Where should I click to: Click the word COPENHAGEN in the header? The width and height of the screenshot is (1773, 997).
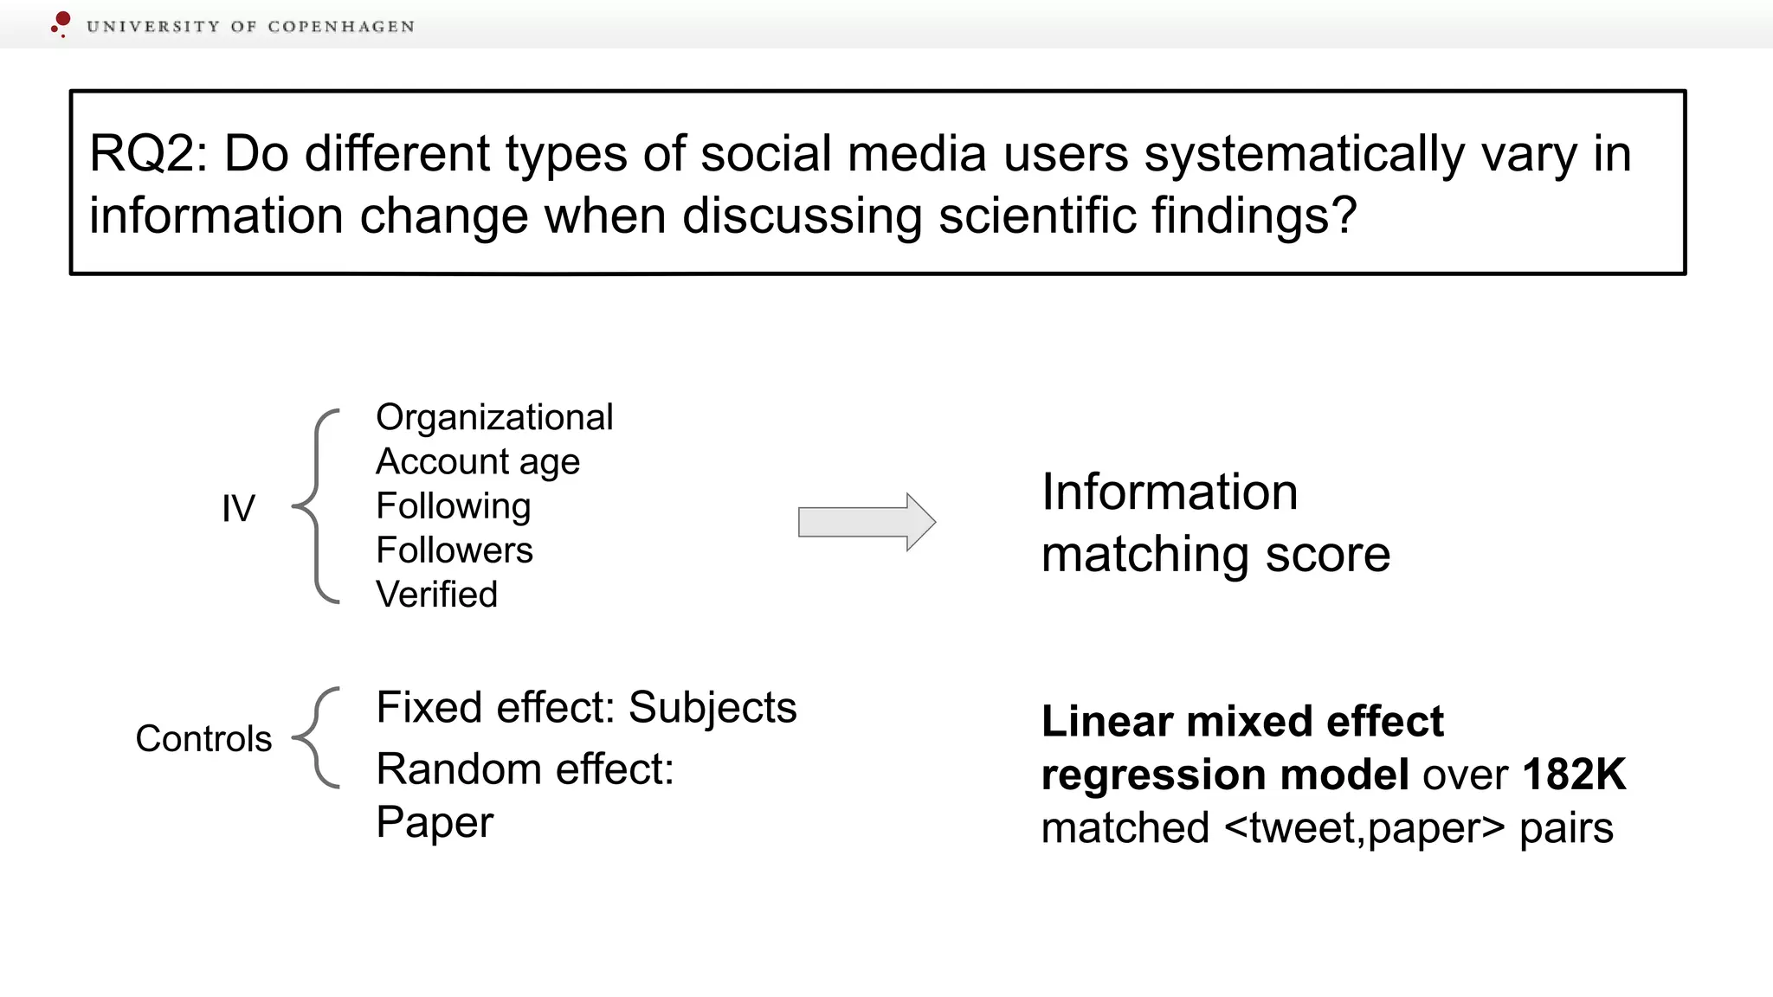[341, 27]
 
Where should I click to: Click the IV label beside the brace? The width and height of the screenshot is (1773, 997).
[238, 509]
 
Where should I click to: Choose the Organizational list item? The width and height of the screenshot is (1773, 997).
[494, 417]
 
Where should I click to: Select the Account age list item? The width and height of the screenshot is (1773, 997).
[478, 462]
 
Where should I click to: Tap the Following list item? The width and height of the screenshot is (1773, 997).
[453, 506]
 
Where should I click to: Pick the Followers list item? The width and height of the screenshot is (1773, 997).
[455, 550]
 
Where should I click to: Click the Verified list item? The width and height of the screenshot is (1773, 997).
[436, 595]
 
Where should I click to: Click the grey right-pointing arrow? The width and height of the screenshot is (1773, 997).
[866, 522]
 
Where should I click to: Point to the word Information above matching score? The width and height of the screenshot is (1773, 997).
[1170, 492]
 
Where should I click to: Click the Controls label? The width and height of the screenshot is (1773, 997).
[203, 739]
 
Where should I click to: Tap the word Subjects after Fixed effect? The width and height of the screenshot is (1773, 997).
[712, 708]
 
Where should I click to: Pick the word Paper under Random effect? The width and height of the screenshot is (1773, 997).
[435, 822]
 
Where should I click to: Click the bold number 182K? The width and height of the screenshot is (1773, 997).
[1574, 774]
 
